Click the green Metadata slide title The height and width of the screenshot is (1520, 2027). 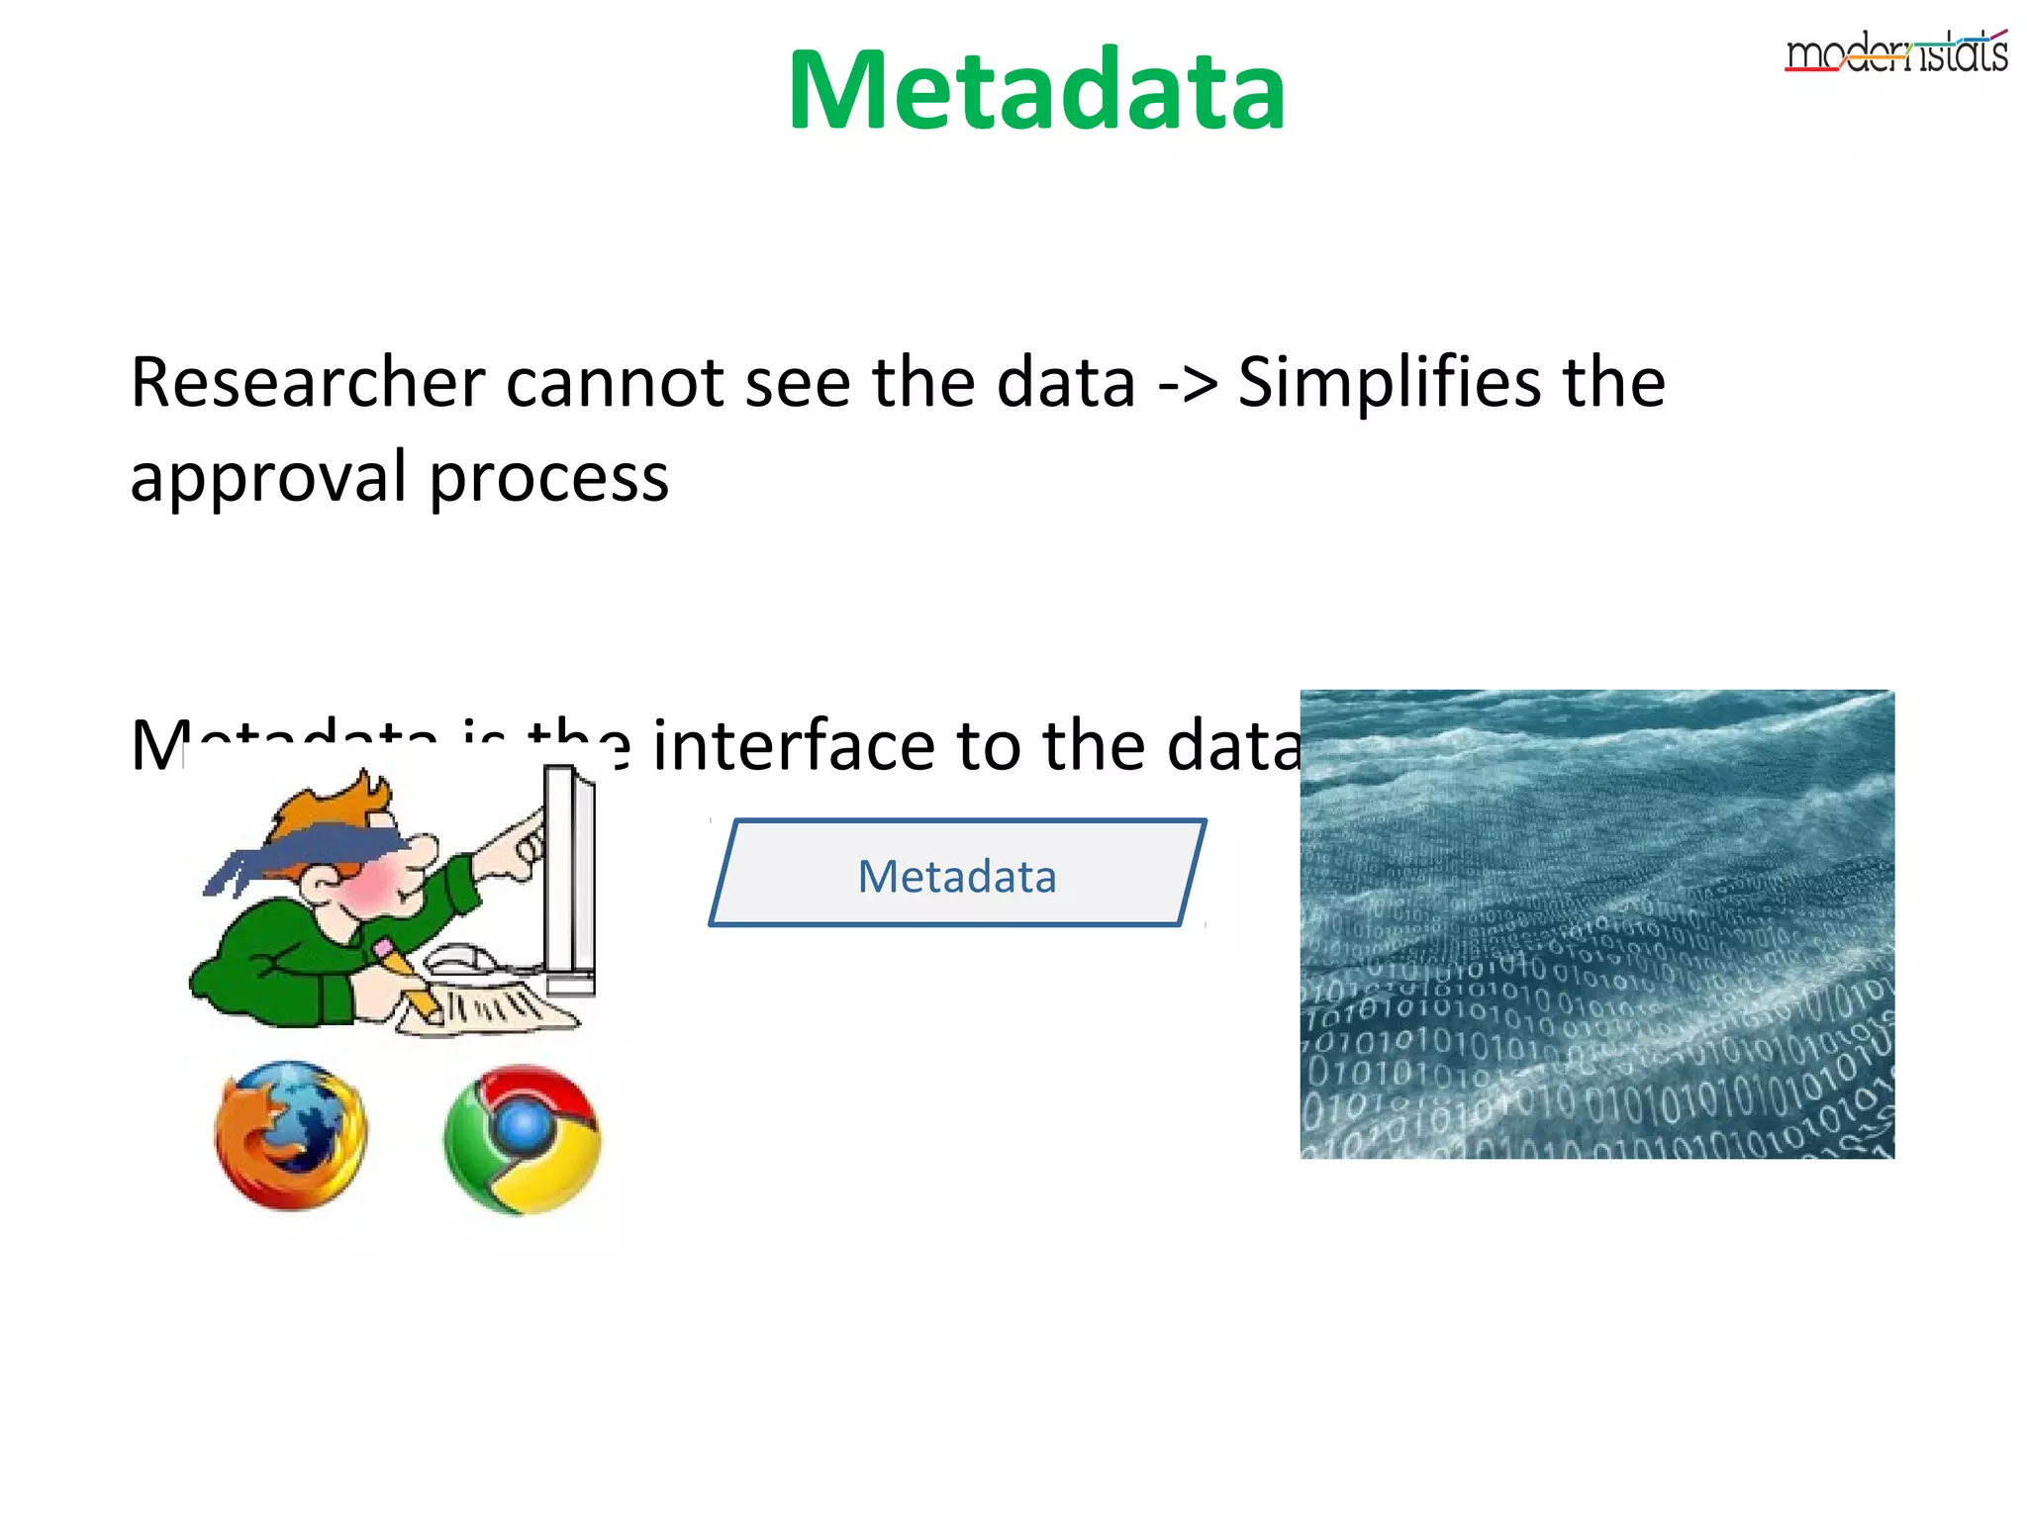[x=1036, y=91]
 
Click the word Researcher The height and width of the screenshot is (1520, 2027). [x=308, y=383]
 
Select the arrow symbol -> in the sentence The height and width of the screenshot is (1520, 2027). [x=1187, y=383]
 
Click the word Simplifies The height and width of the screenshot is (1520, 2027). [x=1389, y=383]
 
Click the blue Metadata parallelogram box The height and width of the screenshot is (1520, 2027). [x=957, y=874]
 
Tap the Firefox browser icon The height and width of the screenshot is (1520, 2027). [x=291, y=1136]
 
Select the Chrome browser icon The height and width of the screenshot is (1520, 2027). [x=522, y=1139]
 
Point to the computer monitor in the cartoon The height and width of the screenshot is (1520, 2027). [x=569, y=881]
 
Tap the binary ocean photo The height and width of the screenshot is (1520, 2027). [x=1596, y=923]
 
